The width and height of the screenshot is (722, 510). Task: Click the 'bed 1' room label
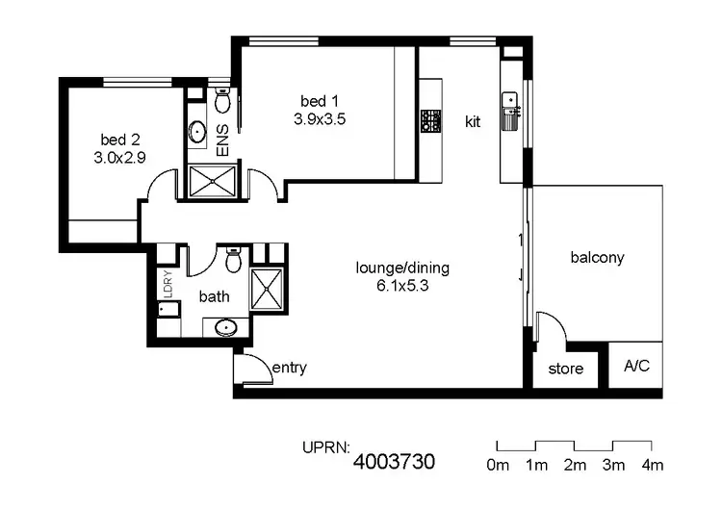pos(320,101)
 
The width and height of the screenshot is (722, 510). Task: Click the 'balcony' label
pos(597,257)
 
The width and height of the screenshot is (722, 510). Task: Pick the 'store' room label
pos(566,369)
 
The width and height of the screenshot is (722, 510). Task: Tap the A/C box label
pos(637,367)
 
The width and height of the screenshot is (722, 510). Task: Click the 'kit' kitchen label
pos(473,122)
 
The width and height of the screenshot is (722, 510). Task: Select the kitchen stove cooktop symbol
pos(429,121)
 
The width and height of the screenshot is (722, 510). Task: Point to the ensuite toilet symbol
pos(221,100)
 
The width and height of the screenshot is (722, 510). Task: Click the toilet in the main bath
pos(232,260)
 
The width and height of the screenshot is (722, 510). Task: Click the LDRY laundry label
pos(168,285)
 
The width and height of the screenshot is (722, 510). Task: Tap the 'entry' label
pos(289,368)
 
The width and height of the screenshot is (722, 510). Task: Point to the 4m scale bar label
pos(652,466)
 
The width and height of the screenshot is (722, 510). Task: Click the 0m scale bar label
pos(498,466)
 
